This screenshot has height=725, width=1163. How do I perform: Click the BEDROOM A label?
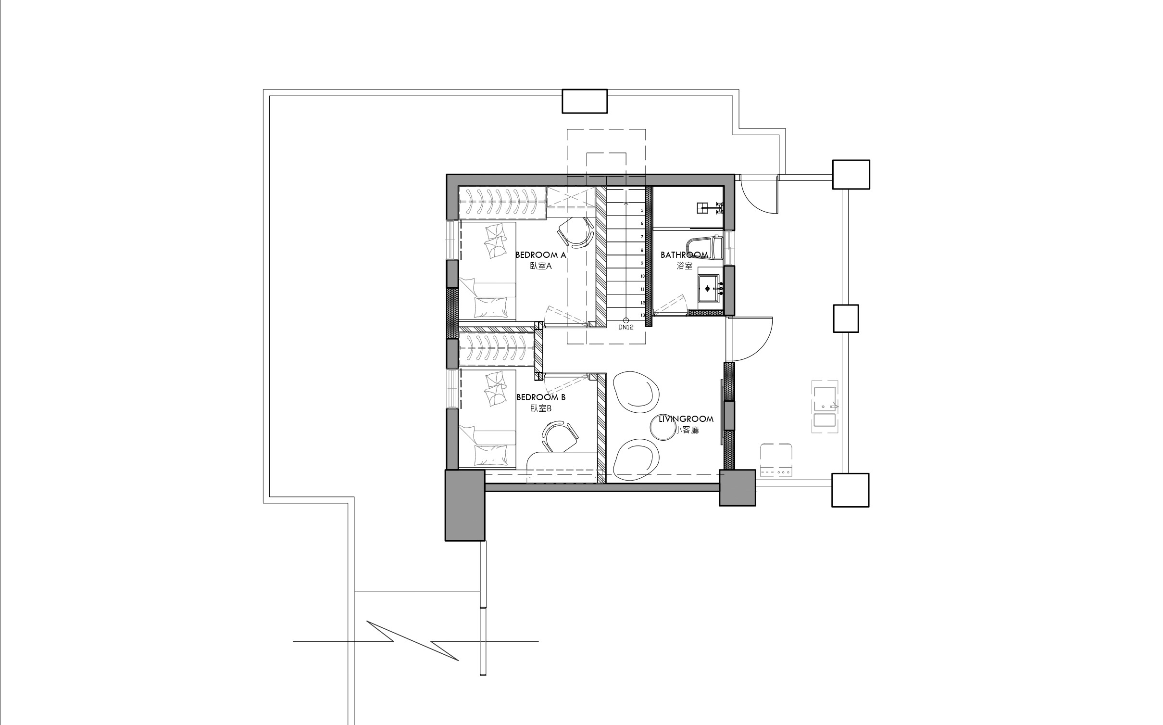pos(541,255)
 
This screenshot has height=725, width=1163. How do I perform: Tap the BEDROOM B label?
pos(541,397)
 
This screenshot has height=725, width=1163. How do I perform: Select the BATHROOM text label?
pos(684,255)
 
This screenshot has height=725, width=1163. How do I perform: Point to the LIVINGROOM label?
pos(686,419)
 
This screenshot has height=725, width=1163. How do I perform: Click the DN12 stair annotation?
pos(625,327)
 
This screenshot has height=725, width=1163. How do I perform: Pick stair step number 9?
pos(642,263)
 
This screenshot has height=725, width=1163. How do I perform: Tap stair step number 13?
pos(642,316)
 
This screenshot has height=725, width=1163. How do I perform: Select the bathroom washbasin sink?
pos(708,289)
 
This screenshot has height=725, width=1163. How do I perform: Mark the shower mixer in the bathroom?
pos(719,208)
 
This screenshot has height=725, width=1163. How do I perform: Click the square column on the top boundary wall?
pos(585,101)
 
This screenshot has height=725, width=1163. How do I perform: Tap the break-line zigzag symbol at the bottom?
pos(416,640)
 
